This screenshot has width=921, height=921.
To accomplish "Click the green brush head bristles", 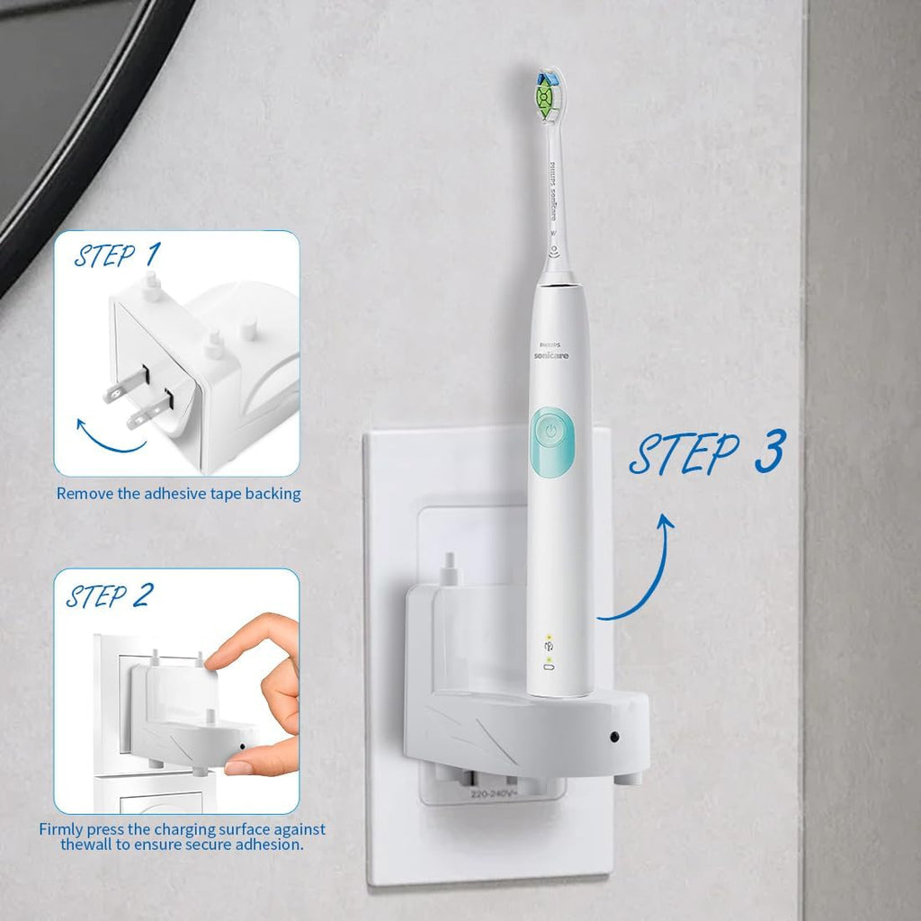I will [x=543, y=94].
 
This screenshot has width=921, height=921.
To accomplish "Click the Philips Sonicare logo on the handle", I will [x=553, y=350].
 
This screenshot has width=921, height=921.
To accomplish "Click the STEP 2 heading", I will [x=109, y=595].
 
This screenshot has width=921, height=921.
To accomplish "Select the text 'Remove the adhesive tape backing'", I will [x=178, y=494].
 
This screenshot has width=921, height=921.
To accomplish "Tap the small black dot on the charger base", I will [x=613, y=737].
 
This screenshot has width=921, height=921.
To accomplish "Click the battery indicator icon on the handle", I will [x=548, y=668].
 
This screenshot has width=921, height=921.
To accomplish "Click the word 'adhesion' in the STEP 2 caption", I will [x=270, y=845].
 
